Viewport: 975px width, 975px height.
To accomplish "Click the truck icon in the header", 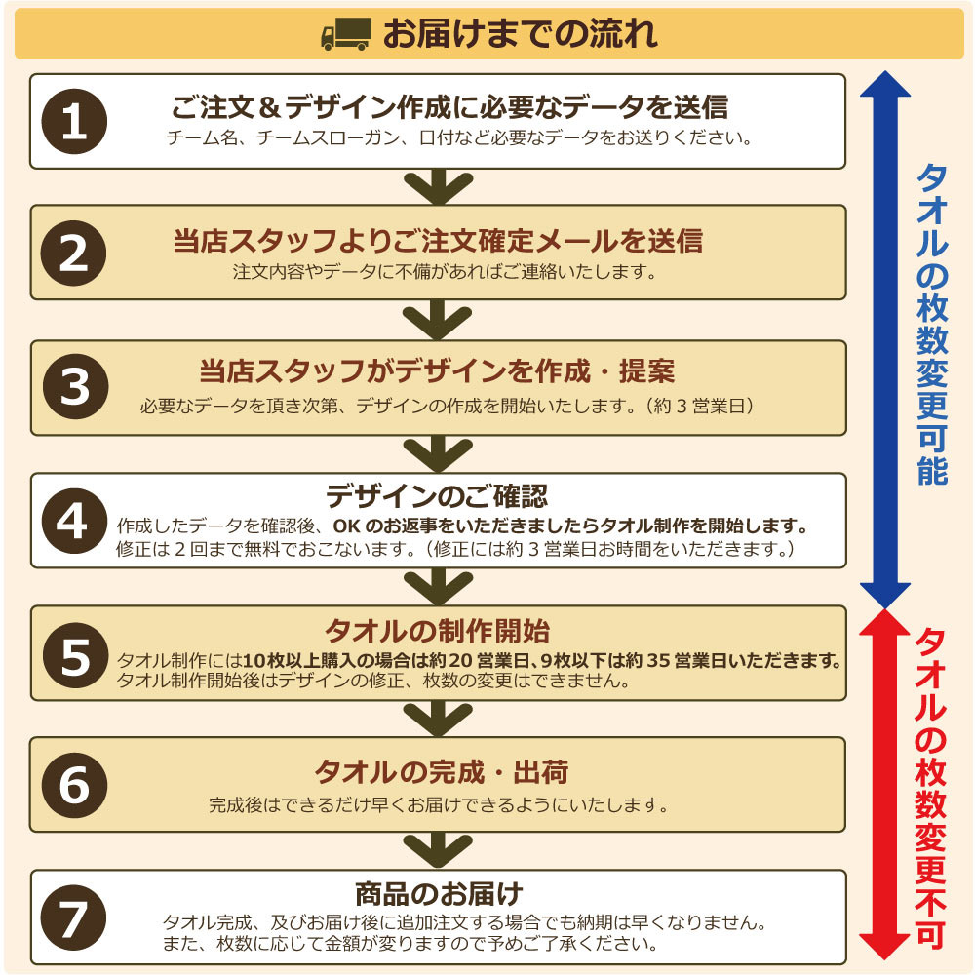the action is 346,33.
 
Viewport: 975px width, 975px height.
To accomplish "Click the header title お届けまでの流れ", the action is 520,33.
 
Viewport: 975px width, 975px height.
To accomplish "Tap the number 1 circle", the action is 74,121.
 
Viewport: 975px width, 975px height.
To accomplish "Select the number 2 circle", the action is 74,253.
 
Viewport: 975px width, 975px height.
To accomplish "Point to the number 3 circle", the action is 75,386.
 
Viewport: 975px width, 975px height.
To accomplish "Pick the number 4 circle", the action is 74,521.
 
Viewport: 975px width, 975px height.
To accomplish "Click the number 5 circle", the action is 75,655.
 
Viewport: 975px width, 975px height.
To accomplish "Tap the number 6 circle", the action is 74,785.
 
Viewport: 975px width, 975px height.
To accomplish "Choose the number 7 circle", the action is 74,917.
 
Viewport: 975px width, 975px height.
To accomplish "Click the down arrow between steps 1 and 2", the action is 439,186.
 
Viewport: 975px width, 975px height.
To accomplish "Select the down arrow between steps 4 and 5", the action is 439,586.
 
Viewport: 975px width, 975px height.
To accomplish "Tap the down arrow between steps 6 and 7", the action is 439,850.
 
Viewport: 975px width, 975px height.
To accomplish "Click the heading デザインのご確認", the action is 437,496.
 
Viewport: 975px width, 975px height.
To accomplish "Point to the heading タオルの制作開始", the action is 437,631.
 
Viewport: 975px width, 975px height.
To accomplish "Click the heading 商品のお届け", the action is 439,894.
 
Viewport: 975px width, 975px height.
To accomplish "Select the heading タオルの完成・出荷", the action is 441,772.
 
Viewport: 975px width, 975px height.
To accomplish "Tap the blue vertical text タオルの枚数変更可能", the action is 932,325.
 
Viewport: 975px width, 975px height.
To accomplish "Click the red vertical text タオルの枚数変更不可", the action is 931,788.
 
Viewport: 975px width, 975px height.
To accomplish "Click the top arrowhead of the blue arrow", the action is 885,83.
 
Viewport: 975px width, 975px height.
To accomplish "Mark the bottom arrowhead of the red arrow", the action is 884,947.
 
